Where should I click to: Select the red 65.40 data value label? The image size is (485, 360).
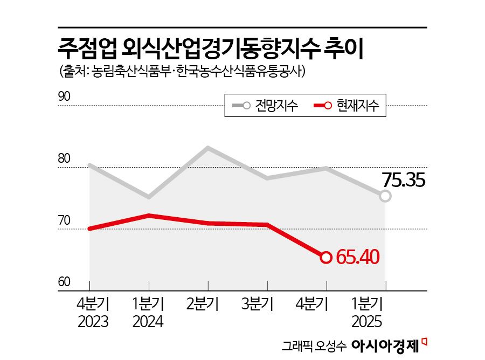pyautogui.click(x=358, y=257)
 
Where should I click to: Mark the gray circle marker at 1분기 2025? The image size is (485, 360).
pyautogui.click(x=385, y=196)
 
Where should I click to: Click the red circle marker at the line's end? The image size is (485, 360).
pyautogui.click(x=326, y=258)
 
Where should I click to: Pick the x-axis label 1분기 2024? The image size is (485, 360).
pyautogui.click(x=148, y=312)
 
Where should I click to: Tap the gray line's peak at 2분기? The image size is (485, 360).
pyautogui.click(x=208, y=147)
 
